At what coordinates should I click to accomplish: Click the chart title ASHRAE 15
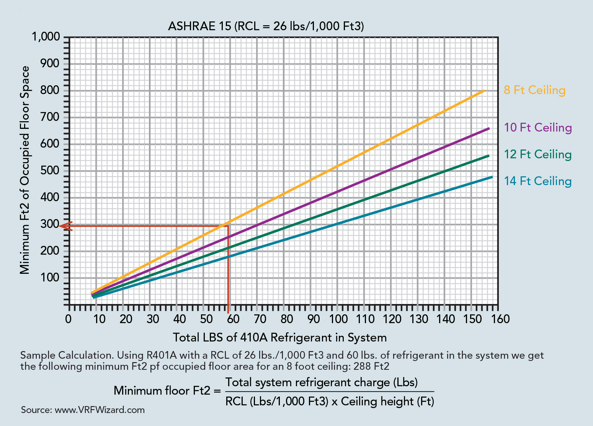266,26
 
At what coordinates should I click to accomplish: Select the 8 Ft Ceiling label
534,90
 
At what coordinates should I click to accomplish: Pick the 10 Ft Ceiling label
537,127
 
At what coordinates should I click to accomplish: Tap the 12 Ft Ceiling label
537,154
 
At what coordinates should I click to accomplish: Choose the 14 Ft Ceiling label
537,181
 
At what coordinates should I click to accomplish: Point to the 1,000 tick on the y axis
46,37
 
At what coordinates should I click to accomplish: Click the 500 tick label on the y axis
49,171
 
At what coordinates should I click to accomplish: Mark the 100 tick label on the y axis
49,278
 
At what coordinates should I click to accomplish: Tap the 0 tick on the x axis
69,319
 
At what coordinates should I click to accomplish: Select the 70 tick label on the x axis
260,319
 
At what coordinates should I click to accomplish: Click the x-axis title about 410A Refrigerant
279,337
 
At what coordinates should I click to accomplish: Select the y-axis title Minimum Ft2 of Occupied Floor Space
25,170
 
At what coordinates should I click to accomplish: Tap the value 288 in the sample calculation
365,366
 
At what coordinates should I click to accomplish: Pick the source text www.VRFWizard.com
100,410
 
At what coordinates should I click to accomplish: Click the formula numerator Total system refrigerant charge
321,382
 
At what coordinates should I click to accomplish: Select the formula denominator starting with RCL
330,401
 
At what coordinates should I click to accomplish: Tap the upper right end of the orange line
484,91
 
